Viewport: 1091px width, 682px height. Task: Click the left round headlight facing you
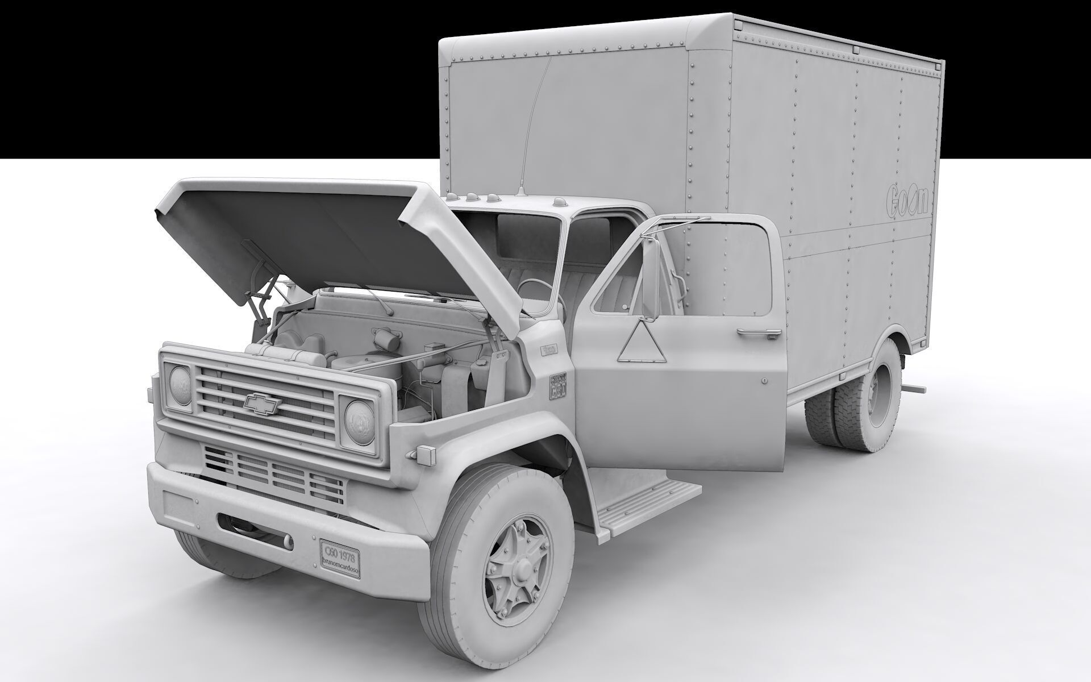pyautogui.click(x=181, y=385)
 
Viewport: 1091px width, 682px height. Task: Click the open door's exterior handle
pyautogui.click(x=759, y=332)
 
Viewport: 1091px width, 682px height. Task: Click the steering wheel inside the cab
pyautogui.click(x=537, y=296)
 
